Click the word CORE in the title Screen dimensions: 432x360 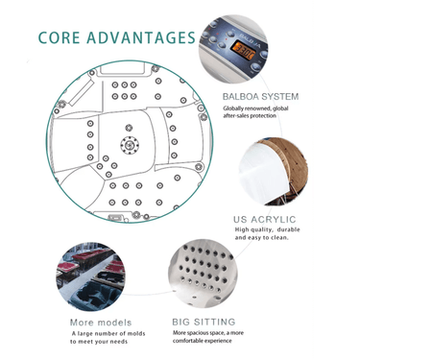59,37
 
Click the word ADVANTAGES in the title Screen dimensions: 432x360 141,37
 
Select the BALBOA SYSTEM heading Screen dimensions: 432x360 260,96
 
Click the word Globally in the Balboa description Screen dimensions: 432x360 233,108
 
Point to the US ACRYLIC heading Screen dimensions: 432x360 265,220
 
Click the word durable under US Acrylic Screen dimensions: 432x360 288,229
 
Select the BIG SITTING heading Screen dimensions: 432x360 204,322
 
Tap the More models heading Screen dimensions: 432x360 101,323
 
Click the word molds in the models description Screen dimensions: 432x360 136,333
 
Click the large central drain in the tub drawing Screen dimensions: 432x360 130,145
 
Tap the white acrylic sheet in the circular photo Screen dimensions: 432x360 263,173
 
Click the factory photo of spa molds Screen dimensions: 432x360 91,276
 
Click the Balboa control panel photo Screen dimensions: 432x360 233,49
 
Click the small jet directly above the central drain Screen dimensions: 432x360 129,128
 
